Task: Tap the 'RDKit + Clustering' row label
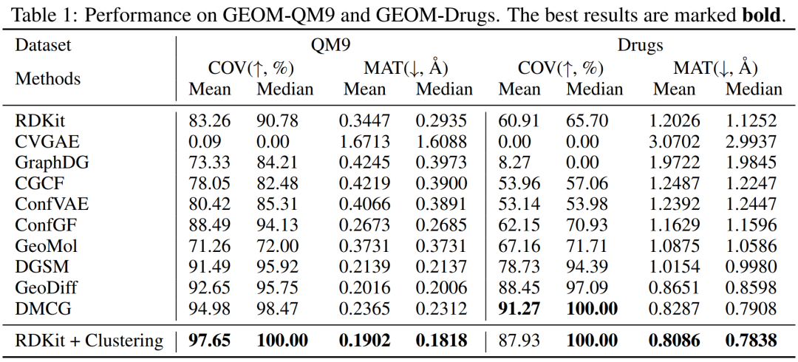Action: (x=89, y=341)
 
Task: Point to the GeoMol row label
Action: (x=47, y=246)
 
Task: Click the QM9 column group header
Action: (x=330, y=45)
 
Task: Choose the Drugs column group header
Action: (x=640, y=45)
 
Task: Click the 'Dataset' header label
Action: (x=44, y=45)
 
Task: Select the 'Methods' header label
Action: (x=48, y=78)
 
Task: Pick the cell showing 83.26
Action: (x=210, y=120)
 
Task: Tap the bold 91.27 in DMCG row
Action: (x=519, y=310)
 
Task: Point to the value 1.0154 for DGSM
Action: (x=674, y=267)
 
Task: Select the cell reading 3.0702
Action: (x=674, y=141)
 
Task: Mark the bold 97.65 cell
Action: (x=210, y=341)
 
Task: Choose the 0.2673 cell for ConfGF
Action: (x=364, y=225)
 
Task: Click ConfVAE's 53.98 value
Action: (x=591, y=205)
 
